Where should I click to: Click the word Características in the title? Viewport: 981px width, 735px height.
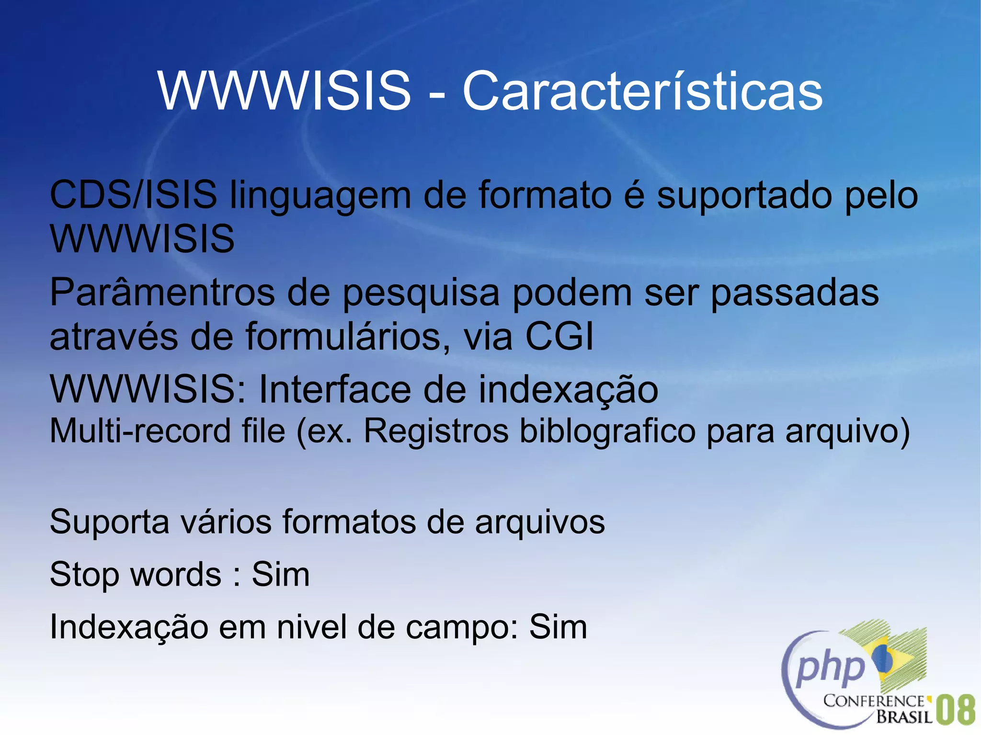click(642, 91)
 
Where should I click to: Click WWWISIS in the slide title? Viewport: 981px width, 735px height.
click(285, 91)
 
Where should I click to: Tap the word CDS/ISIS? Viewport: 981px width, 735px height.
click(133, 195)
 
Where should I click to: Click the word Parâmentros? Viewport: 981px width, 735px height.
click(162, 293)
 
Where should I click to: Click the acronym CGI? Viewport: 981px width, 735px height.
click(559, 337)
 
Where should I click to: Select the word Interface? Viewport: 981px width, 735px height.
click(335, 389)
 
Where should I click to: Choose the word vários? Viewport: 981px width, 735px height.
click(226, 522)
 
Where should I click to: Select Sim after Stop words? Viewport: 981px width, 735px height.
click(281, 574)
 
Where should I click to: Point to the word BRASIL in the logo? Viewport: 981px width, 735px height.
click(904, 717)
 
